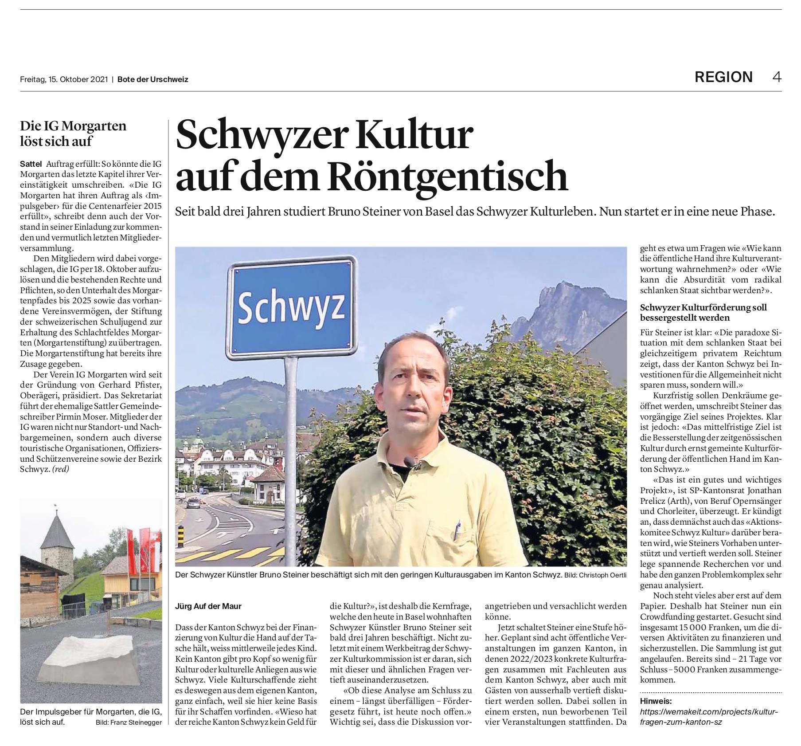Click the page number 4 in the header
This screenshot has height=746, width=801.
pos(776,77)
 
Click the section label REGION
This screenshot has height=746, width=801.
pos(723,77)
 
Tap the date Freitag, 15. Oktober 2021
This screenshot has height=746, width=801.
pos(64,79)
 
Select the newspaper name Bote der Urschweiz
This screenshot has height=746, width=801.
pos(153,79)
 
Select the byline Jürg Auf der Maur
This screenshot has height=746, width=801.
pos(208,606)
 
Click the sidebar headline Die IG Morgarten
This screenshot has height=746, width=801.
pos(73,126)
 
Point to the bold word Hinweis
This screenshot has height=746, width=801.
pos(656,701)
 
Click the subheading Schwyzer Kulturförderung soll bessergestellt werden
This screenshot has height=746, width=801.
pos(703,312)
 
